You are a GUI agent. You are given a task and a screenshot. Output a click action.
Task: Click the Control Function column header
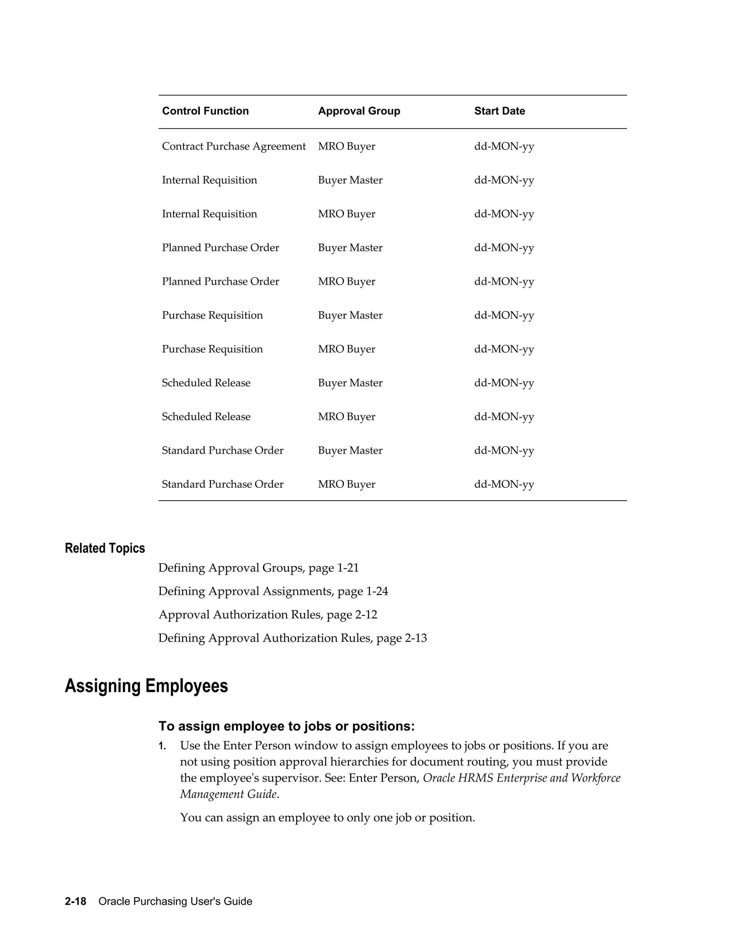[205, 111]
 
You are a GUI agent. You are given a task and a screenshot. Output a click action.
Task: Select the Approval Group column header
[359, 111]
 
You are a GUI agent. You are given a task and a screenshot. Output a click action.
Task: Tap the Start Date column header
[500, 111]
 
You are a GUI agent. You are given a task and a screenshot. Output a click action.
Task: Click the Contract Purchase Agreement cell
[234, 146]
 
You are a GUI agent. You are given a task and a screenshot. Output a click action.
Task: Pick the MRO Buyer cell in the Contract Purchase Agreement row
[346, 146]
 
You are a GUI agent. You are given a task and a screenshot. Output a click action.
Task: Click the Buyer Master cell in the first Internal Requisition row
[350, 180]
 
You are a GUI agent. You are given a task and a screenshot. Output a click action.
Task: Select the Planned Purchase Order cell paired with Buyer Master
[220, 248]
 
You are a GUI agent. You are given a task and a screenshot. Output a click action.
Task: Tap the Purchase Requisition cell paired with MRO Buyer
[212, 349]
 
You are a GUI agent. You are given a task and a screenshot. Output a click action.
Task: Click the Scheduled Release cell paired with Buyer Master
[206, 383]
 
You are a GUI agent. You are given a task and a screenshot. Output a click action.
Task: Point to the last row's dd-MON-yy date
[504, 484]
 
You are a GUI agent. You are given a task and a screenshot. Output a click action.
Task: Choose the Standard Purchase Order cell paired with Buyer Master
[223, 451]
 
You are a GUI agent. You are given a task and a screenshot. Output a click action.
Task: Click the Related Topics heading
[104, 548]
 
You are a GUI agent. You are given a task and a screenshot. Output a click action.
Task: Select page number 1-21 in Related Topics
[348, 568]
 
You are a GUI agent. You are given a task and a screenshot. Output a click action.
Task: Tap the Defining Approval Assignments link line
[273, 591]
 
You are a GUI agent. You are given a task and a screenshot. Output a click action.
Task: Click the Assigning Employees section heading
[146, 686]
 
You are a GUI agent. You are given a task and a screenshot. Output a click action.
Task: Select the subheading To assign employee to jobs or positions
[286, 726]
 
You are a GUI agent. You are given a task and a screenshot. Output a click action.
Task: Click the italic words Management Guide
[228, 794]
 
